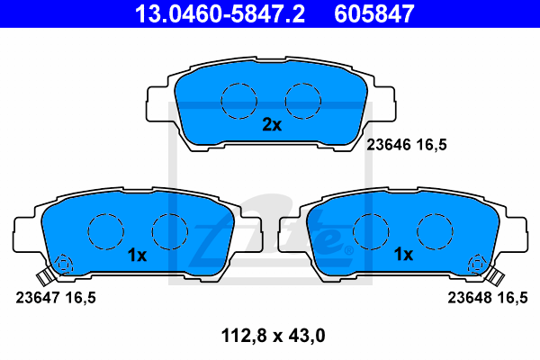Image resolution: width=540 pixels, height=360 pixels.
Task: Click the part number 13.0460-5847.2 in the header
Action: (220, 13)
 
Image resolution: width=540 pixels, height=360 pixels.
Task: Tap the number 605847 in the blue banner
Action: (374, 13)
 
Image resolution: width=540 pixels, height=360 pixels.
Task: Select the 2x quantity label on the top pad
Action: (272, 125)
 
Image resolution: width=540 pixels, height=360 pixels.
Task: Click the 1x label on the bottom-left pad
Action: (137, 256)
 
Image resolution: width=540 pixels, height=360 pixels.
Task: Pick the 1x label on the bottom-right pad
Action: (403, 255)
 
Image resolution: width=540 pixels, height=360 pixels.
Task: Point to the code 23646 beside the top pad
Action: (389, 145)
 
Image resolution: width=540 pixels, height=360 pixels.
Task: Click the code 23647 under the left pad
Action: (38, 298)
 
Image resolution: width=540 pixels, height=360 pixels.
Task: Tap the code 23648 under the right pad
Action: (470, 298)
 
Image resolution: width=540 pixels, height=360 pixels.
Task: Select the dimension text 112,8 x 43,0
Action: (273, 336)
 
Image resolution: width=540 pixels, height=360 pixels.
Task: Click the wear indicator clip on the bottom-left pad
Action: (44, 276)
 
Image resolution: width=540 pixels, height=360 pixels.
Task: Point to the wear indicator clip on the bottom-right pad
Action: (496, 276)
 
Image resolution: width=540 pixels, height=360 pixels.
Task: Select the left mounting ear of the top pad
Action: (157, 104)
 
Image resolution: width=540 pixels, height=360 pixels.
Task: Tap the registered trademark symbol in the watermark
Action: (348, 250)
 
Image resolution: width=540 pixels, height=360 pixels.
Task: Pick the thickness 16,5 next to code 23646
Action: (431, 145)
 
